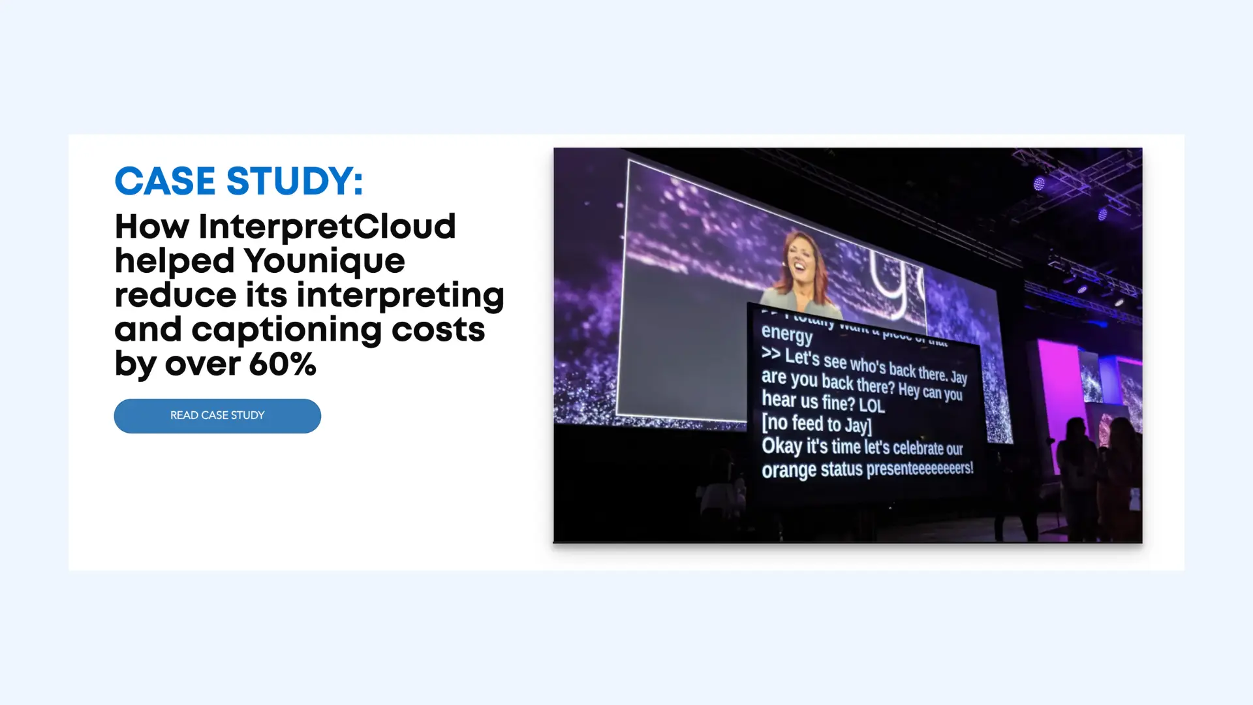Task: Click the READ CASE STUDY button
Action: [217, 416]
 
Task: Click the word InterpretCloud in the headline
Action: [327, 227]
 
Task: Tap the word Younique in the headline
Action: [324, 261]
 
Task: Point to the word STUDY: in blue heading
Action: [294, 181]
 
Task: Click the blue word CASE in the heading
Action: [164, 181]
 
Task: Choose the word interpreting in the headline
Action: [401, 296]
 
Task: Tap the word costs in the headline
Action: [438, 330]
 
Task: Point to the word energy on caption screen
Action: [786, 334]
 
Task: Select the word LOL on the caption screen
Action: [871, 405]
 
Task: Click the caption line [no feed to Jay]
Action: [816, 424]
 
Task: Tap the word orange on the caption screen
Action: [788, 470]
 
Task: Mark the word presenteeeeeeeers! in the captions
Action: [920, 468]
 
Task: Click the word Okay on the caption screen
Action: [782, 446]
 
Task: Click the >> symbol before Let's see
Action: [771, 354]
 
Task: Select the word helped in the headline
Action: [174, 261]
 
